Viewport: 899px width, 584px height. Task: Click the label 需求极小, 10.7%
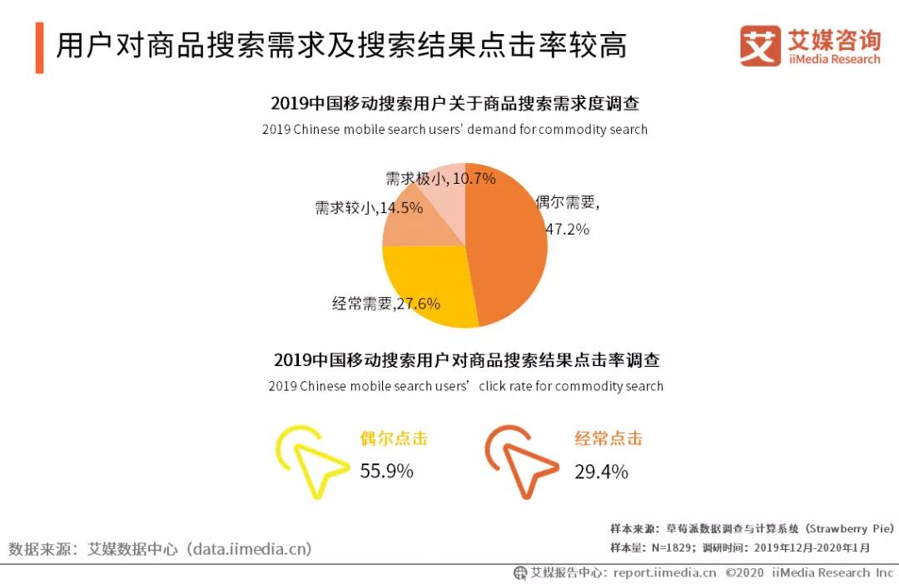440,178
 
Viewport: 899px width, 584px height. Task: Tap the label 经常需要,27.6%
386,304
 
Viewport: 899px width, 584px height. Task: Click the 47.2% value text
567,229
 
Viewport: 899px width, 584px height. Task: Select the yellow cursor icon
309,461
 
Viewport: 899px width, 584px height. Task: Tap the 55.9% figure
386,472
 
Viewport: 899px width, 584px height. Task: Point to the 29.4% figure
601,472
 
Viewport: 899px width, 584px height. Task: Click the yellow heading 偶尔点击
393,438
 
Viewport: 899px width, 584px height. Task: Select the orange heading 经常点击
608,438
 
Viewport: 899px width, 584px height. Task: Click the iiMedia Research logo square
760,46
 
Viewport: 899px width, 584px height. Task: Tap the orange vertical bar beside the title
39,47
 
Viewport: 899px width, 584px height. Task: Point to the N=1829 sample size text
673,547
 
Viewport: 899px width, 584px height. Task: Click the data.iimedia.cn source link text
249,548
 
